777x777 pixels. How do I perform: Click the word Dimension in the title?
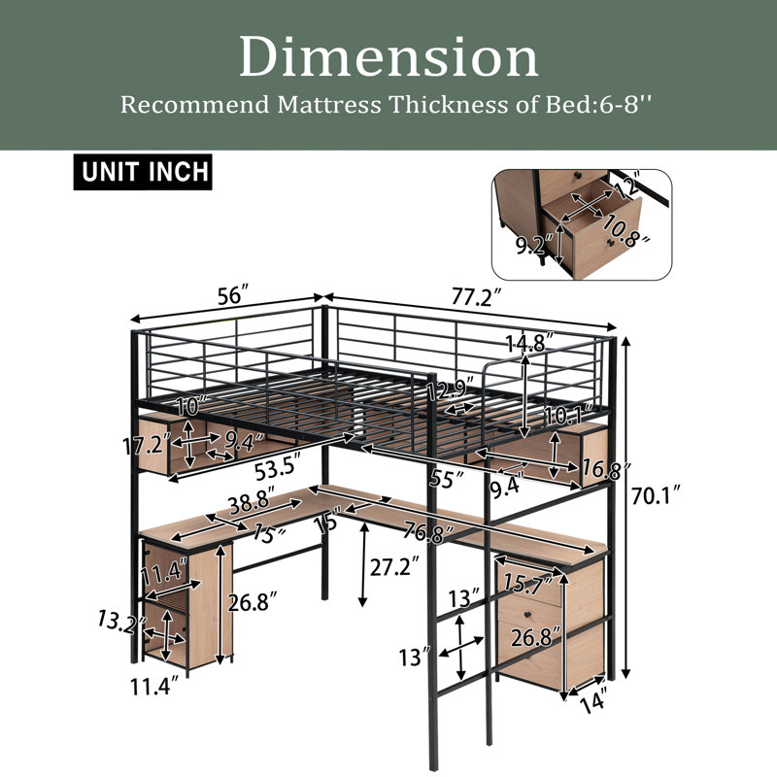[389, 57]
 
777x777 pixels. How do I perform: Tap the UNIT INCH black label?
[143, 172]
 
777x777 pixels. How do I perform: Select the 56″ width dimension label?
[233, 296]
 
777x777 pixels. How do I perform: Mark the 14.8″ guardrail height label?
[530, 343]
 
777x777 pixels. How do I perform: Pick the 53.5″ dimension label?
[279, 468]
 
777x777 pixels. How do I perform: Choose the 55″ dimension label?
[447, 479]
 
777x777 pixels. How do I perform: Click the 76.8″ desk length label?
[428, 531]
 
